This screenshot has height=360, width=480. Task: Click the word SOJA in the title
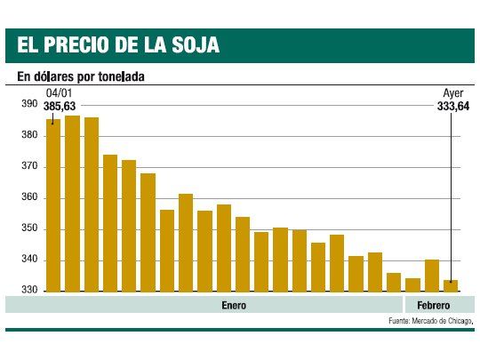[x=193, y=44]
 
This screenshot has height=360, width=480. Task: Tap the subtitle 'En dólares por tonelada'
[x=81, y=76]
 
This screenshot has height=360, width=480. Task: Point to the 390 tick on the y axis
[x=28, y=104]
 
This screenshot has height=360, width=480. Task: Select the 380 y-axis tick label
[x=28, y=135]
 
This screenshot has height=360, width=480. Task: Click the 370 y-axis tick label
[x=28, y=166]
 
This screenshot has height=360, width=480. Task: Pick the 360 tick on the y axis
[x=28, y=197]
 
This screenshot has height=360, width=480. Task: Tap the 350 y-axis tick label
[x=28, y=229]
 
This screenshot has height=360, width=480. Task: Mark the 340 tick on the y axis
[x=28, y=260]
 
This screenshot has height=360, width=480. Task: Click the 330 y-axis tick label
[x=28, y=291]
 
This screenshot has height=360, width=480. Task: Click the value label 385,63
[x=60, y=106]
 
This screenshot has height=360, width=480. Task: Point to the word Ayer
[x=453, y=93]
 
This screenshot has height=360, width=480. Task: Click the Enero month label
[x=234, y=305]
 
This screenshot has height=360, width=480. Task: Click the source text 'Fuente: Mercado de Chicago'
[x=431, y=321]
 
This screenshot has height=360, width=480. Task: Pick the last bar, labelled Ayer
[x=451, y=285]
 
